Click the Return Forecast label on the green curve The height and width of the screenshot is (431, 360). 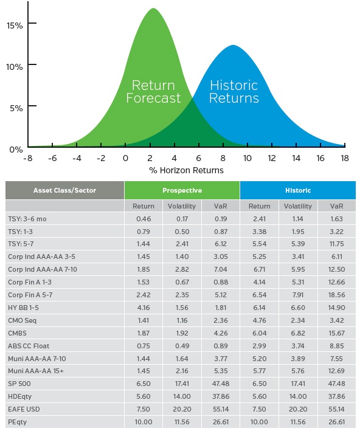pyautogui.click(x=153, y=91)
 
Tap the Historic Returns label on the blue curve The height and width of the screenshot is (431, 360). pyautogui.click(x=234, y=91)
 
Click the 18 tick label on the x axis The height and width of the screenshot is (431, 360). pyautogui.click(x=345, y=158)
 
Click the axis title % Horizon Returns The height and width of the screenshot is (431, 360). pyautogui.click(x=187, y=170)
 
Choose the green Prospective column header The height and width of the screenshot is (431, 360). pyautogui.click(x=182, y=190)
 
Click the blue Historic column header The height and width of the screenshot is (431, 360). pyautogui.click(x=298, y=190)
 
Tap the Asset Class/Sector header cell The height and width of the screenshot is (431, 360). pyautogui.click(x=64, y=190)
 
